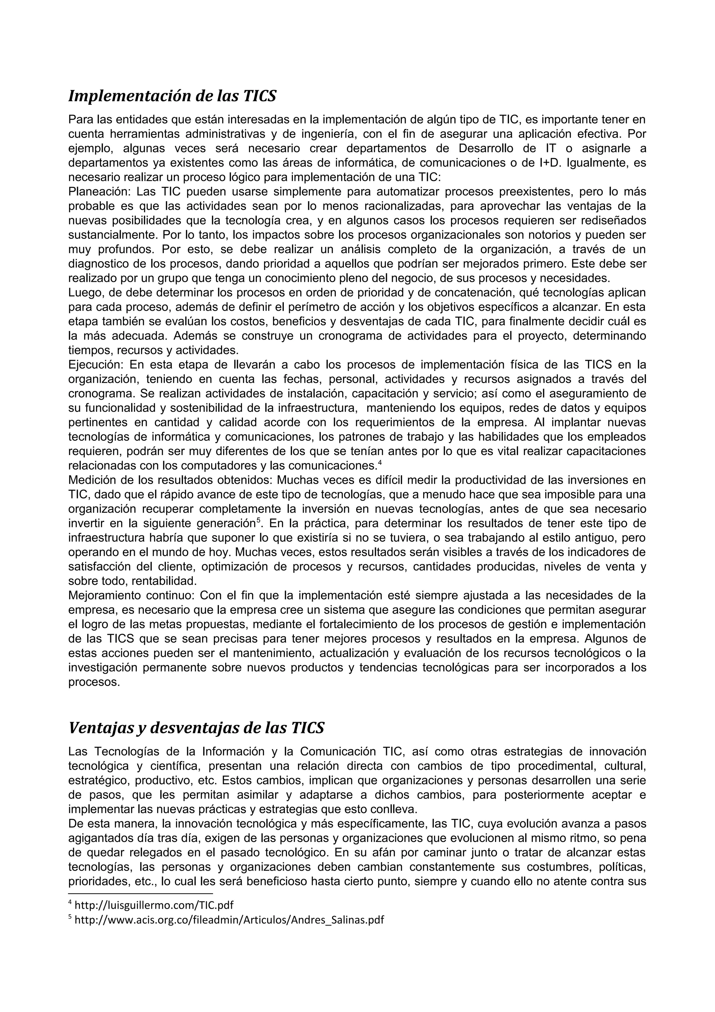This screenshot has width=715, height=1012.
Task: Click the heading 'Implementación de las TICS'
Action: tap(172, 96)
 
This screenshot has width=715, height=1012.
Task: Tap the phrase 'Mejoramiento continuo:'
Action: tap(131, 595)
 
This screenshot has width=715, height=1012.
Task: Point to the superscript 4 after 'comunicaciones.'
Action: tap(380, 462)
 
